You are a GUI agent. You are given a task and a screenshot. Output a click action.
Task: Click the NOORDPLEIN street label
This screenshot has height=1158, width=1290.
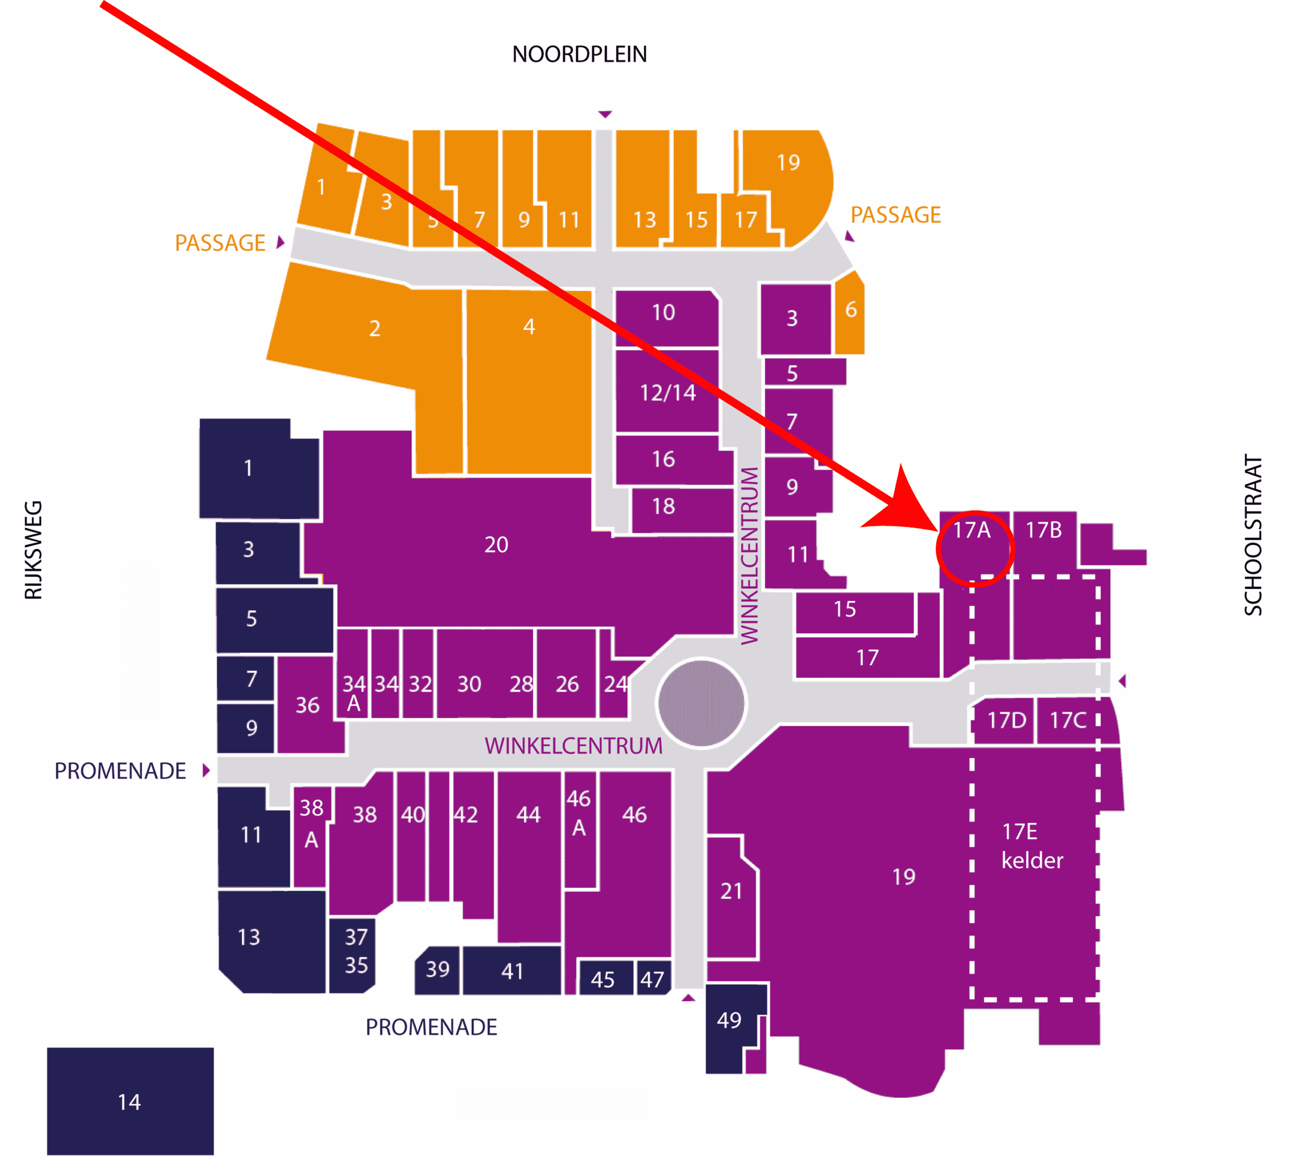tap(579, 55)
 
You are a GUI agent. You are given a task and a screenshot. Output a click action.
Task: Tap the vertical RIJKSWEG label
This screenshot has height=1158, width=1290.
tap(33, 551)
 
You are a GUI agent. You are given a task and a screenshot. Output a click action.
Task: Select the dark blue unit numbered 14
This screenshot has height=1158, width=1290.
tap(130, 1102)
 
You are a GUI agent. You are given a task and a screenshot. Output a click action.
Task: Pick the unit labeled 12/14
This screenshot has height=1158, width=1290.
tap(667, 393)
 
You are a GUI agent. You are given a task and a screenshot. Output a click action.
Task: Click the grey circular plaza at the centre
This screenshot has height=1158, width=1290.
tap(701, 703)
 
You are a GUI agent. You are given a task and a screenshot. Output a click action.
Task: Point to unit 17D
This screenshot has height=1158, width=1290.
tap(1006, 720)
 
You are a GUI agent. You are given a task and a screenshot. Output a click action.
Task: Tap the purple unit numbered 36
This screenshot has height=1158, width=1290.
tap(307, 705)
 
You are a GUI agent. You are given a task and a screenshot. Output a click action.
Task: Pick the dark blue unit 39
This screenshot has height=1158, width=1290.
tap(437, 969)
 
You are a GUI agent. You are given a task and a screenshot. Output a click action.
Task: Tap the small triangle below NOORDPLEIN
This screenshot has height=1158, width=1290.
tap(605, 114)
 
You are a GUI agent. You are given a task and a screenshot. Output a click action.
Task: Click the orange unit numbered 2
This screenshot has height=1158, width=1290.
tap(375, 328)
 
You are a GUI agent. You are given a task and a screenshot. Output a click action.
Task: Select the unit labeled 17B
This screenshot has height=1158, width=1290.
tap(1043, 531)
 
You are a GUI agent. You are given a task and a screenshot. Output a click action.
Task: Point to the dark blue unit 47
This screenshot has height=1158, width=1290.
tap(653, 979)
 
